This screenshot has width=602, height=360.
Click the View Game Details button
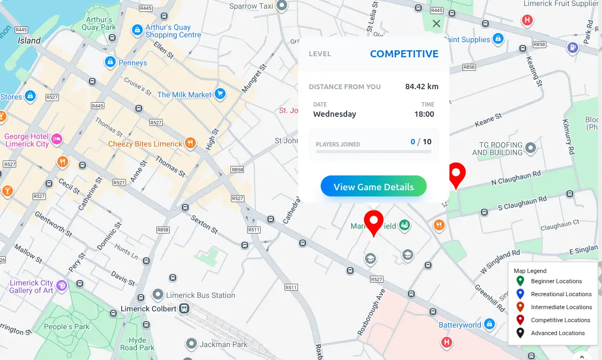click(x=373, y=187)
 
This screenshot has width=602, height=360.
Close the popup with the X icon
click(x=436, y=24)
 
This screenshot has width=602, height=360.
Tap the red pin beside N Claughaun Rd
click(x=457, y=175)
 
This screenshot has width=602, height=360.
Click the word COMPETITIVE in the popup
click(x=404, y=54)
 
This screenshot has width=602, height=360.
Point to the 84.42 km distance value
click(x=421, y=86)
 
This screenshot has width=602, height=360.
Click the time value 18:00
click(x=424, y=114)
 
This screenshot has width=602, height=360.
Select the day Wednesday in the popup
click(x=334, y=114)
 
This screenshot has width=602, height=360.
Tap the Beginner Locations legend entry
click(x=556, y=281)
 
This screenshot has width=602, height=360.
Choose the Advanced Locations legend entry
click(x=558, y=333)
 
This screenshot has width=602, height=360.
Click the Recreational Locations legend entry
click(x=561, y=294)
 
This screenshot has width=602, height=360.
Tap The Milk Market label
click(x=184, y=95)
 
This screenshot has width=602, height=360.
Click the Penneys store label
click(x=133, y=63)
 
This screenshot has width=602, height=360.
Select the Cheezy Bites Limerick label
click(x=145, y=144)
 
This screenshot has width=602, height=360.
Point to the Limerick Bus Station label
click(x=200, y=295)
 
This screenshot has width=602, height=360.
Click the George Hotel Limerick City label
click(x=27, y=141)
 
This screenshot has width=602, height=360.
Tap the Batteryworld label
click(x=459, y=325)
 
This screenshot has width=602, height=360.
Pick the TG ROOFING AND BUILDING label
click(x=497, y=149)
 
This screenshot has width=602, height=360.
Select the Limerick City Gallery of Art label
click(x=31, y=286)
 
